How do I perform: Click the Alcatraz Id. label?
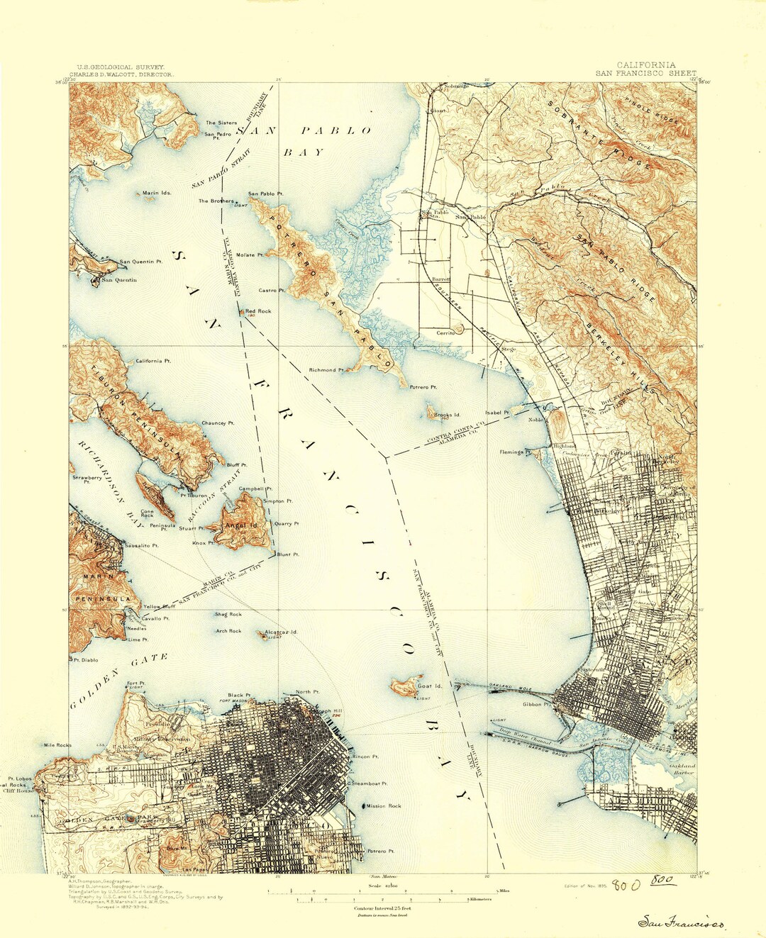[280, 631]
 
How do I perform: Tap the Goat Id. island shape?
[404, 686]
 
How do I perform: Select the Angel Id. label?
[241, 525]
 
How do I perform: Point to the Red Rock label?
[258, 311]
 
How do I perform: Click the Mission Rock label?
[384, 806]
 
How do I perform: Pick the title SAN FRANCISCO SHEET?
[645, 73]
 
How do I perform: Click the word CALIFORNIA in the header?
[645, 65]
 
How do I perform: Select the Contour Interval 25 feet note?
[382, 908]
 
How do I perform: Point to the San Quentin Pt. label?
[140, 262]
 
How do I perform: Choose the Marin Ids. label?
[157, 193]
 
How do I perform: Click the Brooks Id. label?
[448, 415]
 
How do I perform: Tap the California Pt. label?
[153, 361]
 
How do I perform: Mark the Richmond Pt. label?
[326, 369]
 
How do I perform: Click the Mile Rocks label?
[57, 745]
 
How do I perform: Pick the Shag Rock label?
[228, 614]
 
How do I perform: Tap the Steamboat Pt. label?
[370, 783]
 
